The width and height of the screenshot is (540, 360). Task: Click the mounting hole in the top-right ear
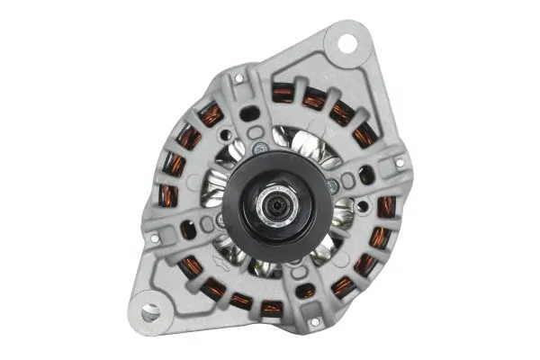pos(343,40)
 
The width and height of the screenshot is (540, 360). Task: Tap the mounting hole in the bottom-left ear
pos(150,311)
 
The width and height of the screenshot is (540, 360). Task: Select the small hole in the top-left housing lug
pos(239,78)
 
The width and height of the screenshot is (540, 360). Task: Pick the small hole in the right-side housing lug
pos(400,163)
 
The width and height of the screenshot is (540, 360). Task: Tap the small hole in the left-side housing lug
pos(154,238)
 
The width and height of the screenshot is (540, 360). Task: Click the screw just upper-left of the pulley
pos(259,148)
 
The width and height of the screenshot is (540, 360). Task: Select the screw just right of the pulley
pos(331,184)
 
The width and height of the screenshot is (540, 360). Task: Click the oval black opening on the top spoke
pos(249,113)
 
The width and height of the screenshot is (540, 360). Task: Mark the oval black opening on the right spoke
pos(366,175)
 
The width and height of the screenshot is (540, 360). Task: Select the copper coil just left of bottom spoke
pos(271,309)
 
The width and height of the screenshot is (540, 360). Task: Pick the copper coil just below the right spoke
pos(384,206)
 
